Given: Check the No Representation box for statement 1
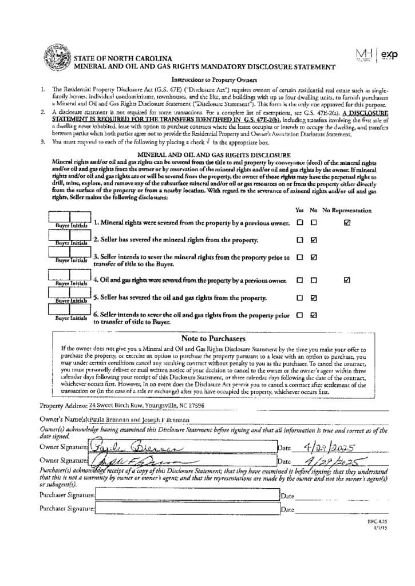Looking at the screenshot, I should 347,222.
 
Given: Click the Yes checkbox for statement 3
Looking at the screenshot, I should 300,258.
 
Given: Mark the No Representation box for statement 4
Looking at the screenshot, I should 347,280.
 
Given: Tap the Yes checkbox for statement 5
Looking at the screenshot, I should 300,298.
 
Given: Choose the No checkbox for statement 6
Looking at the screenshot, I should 314,315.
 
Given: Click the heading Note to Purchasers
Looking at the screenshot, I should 213,338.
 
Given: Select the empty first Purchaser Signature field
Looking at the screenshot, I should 186,496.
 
